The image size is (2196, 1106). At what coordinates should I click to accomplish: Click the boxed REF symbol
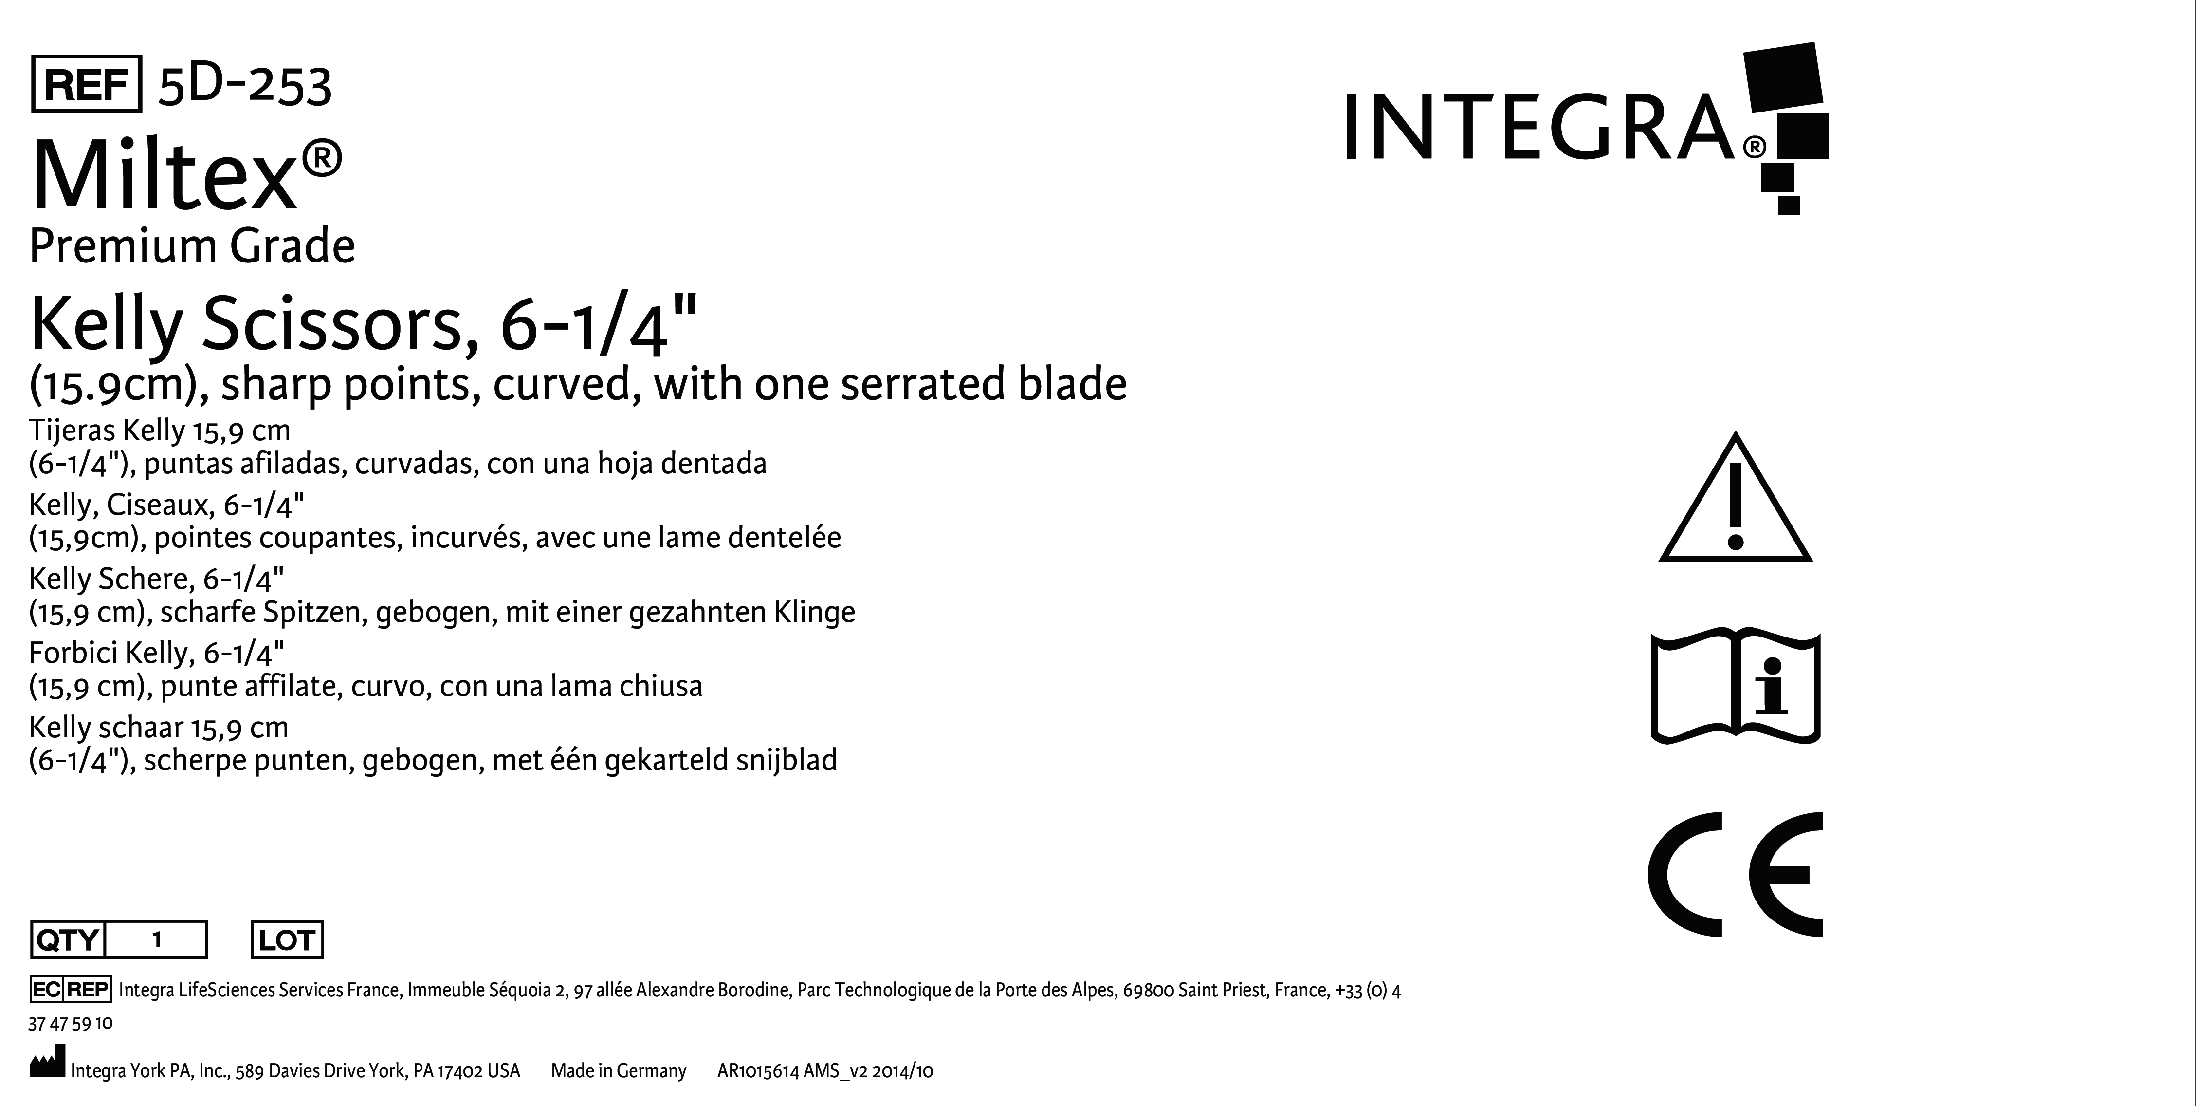point(86,84)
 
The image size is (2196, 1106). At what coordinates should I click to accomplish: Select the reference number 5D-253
point(245,85)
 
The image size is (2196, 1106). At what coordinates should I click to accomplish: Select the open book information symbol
point(1736,687)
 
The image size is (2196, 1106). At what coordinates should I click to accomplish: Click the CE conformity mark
point(1736,874)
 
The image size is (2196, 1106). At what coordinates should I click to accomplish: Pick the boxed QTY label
point(67,940)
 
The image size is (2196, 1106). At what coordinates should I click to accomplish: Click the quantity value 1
point(157,940)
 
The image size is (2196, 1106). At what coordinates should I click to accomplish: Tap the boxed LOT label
point(287,940)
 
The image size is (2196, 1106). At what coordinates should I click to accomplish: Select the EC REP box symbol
point(70,989)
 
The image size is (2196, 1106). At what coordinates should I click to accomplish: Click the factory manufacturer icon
point(47,1065)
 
